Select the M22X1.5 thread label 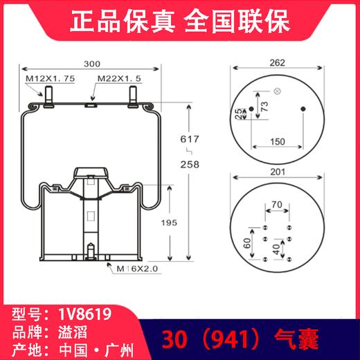tap(119, 79)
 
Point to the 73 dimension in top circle tap(264, 106)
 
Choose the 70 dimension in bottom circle tap(278, 204)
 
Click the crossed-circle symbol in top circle tap(277, 91)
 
